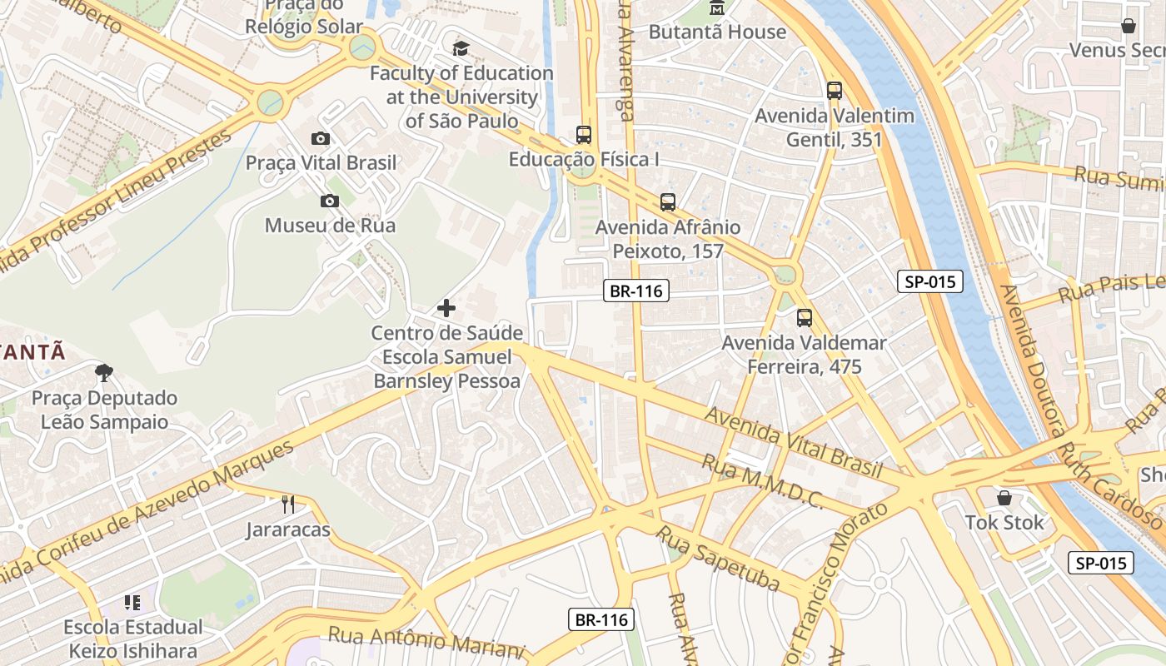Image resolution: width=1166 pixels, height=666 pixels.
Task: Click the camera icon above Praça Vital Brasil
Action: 321,138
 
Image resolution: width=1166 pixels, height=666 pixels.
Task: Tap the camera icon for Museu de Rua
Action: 330,201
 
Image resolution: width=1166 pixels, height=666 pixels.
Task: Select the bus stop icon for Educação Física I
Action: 584,134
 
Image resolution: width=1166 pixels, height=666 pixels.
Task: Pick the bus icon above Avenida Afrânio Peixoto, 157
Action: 668,201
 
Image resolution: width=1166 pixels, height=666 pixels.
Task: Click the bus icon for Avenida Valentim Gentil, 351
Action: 835,91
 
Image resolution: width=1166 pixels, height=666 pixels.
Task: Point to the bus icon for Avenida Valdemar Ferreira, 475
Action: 804,317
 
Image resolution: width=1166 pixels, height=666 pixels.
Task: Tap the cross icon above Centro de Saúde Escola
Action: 446,308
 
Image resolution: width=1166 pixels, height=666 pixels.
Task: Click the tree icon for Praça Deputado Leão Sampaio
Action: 104,372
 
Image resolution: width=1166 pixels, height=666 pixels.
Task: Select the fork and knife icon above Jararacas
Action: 288,504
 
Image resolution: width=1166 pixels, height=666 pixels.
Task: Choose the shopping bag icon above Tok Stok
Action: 1004,498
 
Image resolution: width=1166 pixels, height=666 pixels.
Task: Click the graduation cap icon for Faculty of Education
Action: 461,48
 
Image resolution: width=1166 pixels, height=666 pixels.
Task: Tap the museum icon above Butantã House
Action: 716,8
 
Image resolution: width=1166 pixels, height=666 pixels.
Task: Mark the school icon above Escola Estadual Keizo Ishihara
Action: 132,602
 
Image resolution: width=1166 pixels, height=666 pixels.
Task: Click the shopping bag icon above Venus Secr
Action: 1129,26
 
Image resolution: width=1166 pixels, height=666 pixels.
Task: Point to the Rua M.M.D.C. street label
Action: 762,481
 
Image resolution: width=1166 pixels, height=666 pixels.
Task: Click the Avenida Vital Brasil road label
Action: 793,442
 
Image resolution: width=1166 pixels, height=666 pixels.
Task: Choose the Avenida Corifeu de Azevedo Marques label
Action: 150,510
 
